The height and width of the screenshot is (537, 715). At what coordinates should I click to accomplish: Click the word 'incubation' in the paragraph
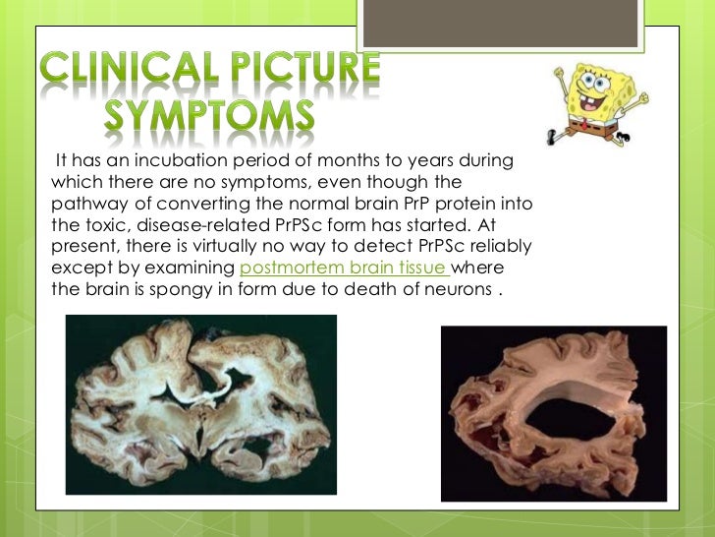point(174,160)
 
